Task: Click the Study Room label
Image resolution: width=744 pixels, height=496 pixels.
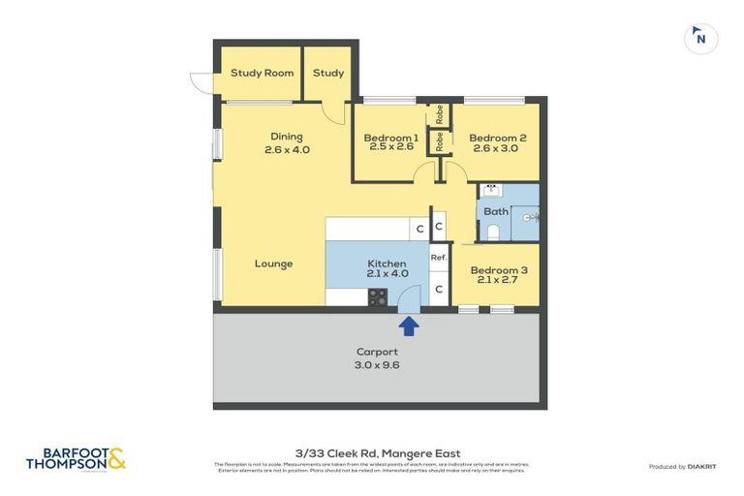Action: coord(262,73)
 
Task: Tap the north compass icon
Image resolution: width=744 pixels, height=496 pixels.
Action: coord(701,39)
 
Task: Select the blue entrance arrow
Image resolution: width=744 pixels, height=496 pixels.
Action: coord(409,326)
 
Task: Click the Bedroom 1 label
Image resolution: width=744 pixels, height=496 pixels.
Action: coord(390,138)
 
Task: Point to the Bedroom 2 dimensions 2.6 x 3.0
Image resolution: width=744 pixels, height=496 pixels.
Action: coord(497,149)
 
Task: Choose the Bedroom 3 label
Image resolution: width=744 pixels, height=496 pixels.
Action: coord(499,270)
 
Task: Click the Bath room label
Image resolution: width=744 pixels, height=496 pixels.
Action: coord(495,211)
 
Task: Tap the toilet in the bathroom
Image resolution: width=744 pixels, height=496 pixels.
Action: coord(493,231)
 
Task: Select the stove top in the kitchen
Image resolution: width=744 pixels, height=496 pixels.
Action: coord(377,297)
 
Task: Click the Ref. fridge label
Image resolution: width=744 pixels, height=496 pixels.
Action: coord(439,258)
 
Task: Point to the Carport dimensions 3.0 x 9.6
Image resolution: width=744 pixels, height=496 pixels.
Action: coord(377,365)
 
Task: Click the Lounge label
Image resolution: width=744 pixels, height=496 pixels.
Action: coord(273,263)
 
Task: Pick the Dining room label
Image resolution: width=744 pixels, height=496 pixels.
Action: coord(287,137)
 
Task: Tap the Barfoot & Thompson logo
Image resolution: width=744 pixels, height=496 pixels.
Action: coord(76,459)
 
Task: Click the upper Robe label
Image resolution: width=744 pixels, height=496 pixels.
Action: coord(439,112)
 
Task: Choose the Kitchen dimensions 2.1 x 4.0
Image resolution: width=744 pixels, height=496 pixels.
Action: coord(387,274)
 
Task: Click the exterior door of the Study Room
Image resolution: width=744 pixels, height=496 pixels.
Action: coord(201,83)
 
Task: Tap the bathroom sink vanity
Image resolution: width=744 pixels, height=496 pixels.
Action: coord(490,191)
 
